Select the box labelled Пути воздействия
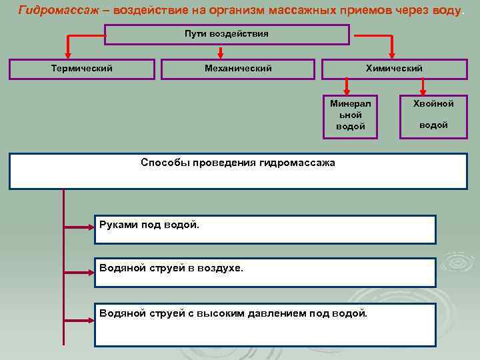[227, 34]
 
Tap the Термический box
[82, 69]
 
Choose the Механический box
[238, 69]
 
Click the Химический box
[394, 69]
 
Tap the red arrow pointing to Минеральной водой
[346, 85]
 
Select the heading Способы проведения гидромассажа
[238, 163]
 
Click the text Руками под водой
[149, 225]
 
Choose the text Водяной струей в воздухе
[171, 268]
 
